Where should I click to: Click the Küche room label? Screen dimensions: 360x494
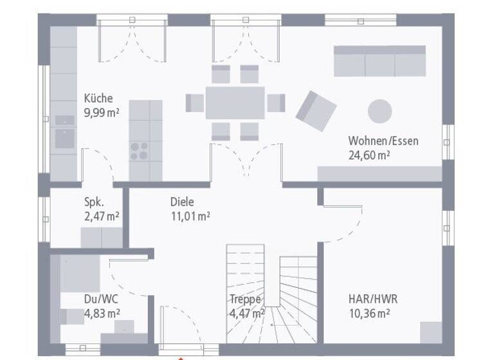tap(98, 98)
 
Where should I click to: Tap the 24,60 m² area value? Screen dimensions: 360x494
tap(370, 155)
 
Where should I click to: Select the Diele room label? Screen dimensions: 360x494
tap(182, 202)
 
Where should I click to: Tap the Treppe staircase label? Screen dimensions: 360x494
tap(245, 299)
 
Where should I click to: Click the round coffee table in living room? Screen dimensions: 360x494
tap(380, 111)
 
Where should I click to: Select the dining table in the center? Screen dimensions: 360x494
tap(235, 103)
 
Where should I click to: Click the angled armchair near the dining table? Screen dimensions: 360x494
tap(316, 111)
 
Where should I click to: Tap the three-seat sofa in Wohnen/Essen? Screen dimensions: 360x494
tap(379, 61)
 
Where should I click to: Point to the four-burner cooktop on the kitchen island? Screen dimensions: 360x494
tap(139, 150)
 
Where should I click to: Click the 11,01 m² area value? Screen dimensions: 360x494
tap(190, 217)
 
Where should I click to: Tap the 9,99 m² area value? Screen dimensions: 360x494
tap(102, 113)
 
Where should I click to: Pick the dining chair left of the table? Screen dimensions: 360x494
tap(194, 103)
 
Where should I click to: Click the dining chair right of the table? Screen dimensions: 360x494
tap(276, 103)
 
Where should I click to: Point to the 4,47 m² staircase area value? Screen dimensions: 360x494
tap(247, 314)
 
